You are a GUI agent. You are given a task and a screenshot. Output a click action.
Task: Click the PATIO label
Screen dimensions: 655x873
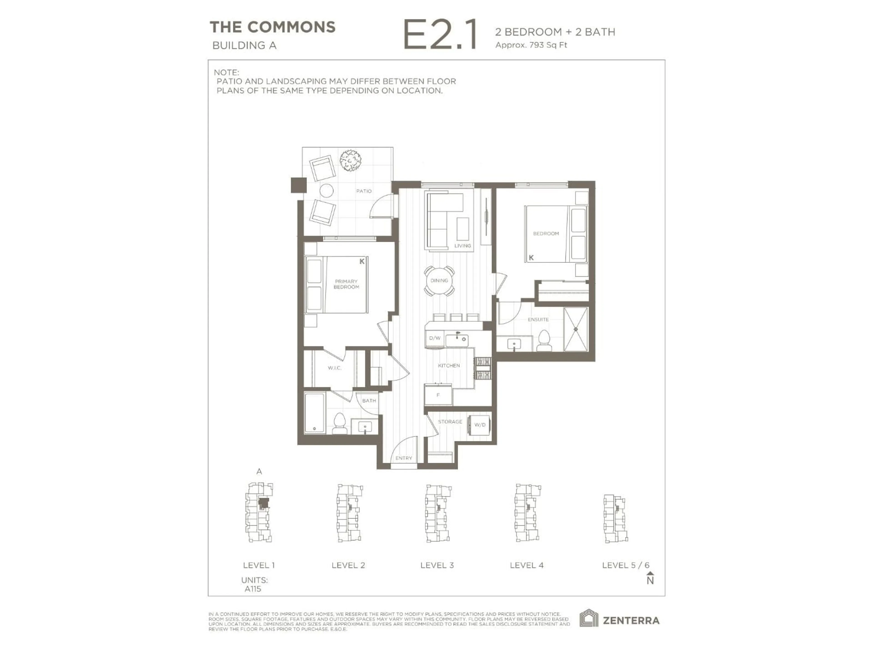364,191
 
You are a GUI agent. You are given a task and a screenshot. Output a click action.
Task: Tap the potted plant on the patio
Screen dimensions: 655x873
351,160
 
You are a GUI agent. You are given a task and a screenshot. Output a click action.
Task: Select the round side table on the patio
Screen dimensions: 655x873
326,191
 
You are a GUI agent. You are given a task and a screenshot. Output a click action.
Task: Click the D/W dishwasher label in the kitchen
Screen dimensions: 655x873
434,338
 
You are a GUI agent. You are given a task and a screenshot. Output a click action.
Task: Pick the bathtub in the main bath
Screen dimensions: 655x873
315,413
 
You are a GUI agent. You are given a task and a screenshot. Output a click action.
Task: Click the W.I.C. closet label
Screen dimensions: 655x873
334,368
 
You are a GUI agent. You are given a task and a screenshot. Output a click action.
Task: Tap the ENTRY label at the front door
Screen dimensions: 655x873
403,458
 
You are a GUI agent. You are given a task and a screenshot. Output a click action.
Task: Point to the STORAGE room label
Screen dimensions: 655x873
450,422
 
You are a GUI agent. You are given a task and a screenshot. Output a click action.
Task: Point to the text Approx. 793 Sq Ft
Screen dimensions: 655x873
531,45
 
